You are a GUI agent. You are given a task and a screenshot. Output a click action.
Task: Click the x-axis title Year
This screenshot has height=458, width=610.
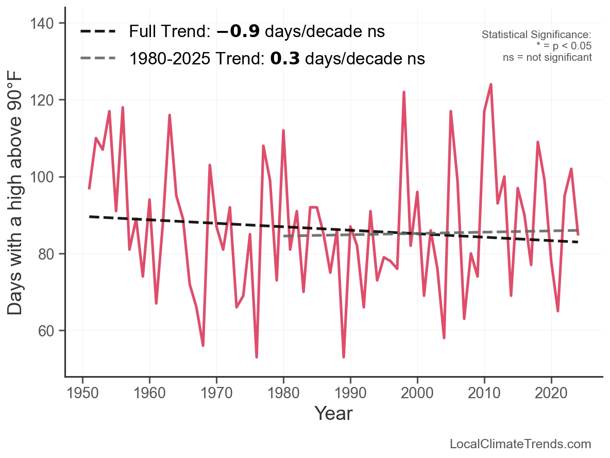(333, 413)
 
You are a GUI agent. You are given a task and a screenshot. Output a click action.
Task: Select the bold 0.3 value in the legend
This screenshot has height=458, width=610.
(283, 59)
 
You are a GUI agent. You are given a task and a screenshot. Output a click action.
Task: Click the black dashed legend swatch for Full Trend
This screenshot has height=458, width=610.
(98, 32)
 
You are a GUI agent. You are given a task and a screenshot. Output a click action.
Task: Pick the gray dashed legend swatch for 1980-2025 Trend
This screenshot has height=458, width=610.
(98, 59)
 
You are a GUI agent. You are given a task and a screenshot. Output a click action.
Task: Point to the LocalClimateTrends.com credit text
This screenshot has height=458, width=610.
(520, 444)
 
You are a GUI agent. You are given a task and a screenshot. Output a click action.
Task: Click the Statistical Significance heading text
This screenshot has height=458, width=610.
(536, 35)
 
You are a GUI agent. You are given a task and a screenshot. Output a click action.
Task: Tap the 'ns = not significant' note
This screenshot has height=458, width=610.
(547, 57)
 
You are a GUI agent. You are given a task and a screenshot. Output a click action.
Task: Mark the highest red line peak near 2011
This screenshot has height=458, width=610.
(491, 84)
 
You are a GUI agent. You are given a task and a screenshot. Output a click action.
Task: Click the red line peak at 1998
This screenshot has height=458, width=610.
(404, 92)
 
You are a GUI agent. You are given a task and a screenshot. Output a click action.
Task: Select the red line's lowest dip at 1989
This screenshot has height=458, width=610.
(344, 357)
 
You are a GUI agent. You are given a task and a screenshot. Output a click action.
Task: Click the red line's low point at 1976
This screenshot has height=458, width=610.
(257, 357)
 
